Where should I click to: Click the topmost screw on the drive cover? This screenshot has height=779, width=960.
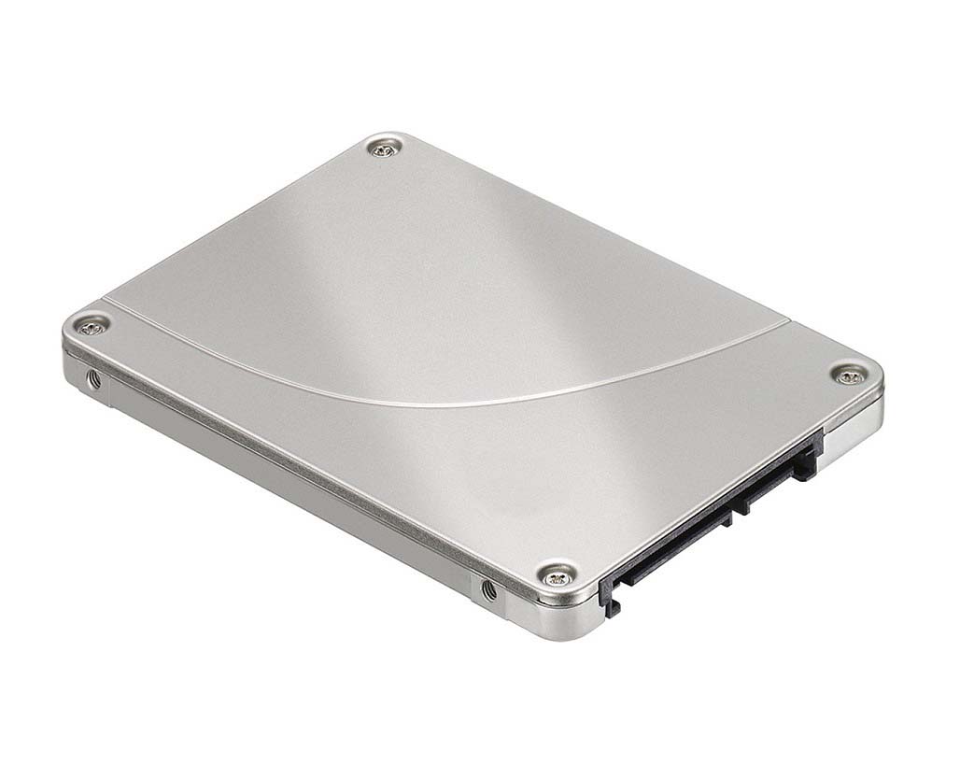tap(384, 147)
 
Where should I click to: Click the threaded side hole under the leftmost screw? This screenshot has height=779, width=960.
tap(92, 377)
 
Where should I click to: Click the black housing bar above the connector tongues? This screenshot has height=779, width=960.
tap(710, 509)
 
